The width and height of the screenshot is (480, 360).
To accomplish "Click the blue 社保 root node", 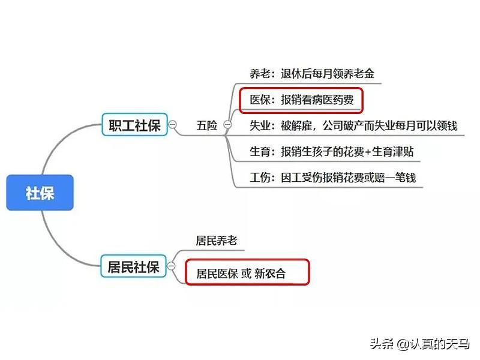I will click(40, 193).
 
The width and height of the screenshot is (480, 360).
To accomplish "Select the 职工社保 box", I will click(133, 125).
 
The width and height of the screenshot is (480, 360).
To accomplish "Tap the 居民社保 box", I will click(133, 266).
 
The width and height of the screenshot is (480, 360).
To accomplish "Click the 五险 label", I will click(206, 125).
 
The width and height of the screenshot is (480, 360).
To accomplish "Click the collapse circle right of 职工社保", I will click(173, 125).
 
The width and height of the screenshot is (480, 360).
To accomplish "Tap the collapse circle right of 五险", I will click(227, 125).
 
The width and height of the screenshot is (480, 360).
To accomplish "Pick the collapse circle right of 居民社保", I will click(172, 266).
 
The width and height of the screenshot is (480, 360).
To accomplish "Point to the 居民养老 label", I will click(217, 241).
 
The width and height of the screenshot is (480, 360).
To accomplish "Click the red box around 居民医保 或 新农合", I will click(247, 273).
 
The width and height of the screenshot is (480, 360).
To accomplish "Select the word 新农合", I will click(269, 274).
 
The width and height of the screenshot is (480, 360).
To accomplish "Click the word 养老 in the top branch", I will click(260, 74).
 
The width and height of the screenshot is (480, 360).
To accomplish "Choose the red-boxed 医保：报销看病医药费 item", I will click(301, 100).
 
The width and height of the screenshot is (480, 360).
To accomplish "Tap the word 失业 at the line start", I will click(260, 126).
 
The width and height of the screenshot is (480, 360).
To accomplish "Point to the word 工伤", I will click(260, 178).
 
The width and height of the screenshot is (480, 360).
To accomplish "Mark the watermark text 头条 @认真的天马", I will click(419, 344).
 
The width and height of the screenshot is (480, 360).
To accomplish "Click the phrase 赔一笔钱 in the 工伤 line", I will click(395, 178).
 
